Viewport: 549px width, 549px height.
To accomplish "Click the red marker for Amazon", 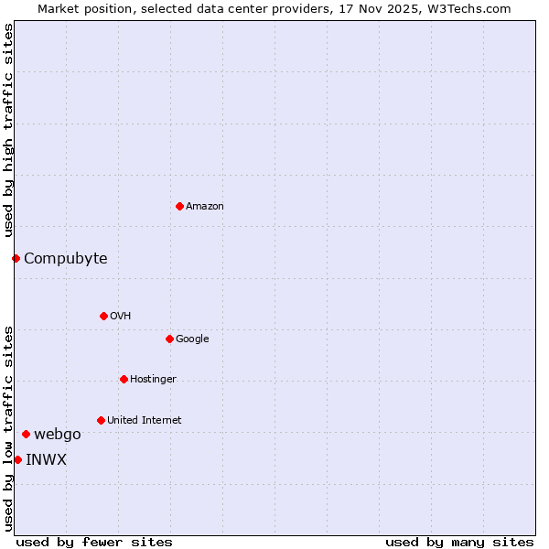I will pyautogui.click(x=179, y=206).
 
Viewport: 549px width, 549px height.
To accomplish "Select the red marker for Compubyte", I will pyautogui.click(x=16, y=258).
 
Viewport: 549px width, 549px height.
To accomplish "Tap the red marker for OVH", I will pyautogui.click(x=103, y=316).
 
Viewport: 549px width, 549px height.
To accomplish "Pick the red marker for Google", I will pyautogui.click(x=169, y=339).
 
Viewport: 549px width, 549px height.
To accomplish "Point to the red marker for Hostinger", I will pyautogui.click(x=124, y=379).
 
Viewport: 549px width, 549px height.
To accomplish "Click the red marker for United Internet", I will pyautogui.click(x=101, y=420).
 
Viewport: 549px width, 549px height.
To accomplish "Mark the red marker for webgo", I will pyautogui.click(x=26, y=434).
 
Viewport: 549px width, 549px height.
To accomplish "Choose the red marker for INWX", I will pyautogui.click(x=17, y=459).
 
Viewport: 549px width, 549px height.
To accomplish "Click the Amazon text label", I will pyautogui.click(x=205, y=207).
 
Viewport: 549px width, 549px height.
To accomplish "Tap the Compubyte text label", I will pyautogui.click(x=66, y=259).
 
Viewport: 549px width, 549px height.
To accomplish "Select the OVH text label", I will pyautogui.click(x=121, y=317).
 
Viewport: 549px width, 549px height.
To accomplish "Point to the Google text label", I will pyautogui.click(x=192, y=339).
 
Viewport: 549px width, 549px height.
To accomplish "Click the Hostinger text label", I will pyautogui.click(x=153, y=380).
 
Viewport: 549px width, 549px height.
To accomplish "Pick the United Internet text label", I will pyautogui.click(x=145, y=421).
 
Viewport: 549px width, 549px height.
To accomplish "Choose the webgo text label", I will pyautogui.click(x=58, y=435).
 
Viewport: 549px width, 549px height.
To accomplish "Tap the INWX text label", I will pyautogui.click(x=46, y=460).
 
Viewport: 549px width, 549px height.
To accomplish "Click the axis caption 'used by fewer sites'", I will pyautogui.click(x=94, y=542).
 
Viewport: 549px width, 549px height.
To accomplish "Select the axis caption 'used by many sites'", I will pyautogui.click(x=459, y=542).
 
